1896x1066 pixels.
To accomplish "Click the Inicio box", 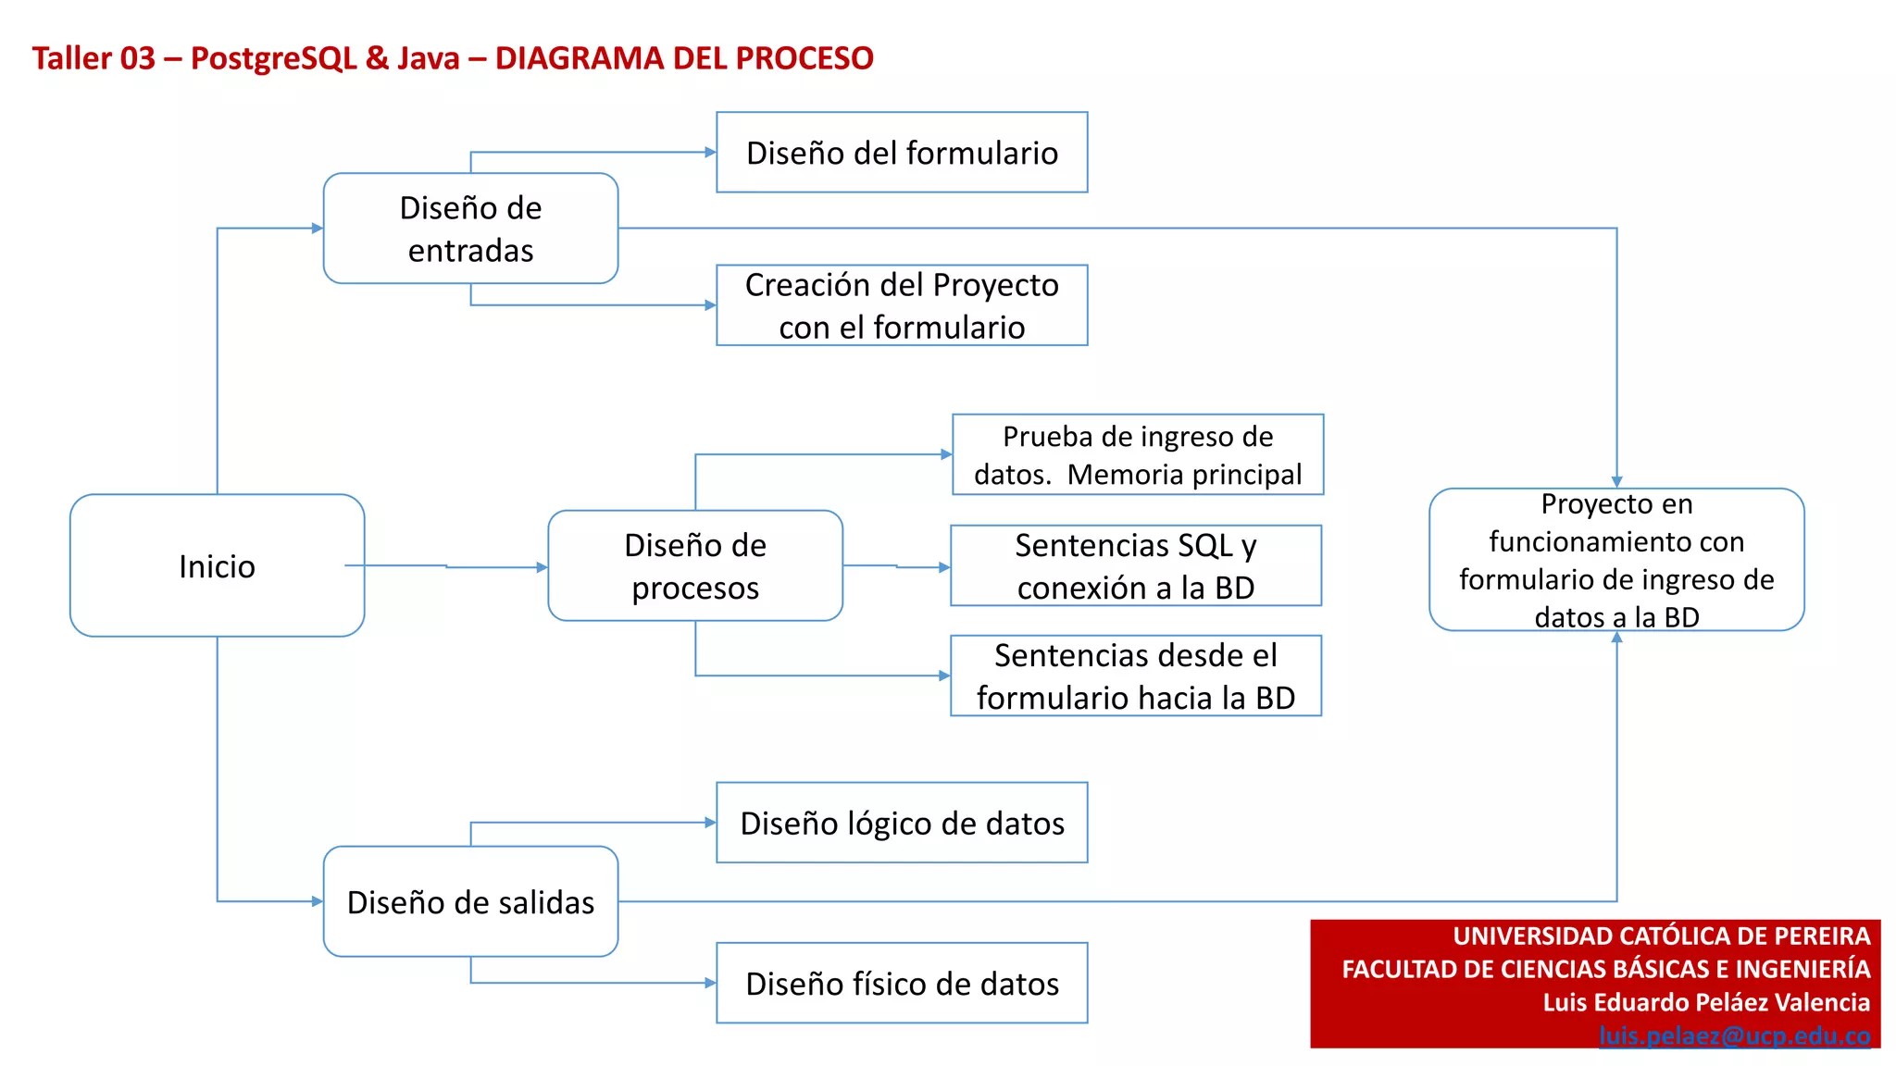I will [217, 565].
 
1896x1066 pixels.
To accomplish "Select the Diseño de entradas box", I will [470, 229].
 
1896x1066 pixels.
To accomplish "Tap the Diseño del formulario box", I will [902, 153].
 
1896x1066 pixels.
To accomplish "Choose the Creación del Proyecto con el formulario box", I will [902, 305].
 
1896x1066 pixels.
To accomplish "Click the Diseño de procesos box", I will [695, 565].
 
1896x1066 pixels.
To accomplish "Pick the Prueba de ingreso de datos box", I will [1138, 454].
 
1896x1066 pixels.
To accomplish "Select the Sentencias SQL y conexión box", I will [1136, 565].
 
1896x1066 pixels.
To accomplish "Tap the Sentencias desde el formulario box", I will [1136, 676].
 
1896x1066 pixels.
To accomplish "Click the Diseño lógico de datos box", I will [902, 823].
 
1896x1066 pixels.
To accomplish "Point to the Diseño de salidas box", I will [470, 901].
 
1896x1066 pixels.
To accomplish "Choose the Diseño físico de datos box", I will [902, 983].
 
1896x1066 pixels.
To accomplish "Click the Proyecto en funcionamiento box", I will [1616, 560].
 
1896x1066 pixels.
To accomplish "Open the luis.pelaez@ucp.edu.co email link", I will [1734, 1035].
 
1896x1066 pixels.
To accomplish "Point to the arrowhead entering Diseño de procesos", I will [543, 567].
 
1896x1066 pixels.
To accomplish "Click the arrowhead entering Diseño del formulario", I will [711, 152].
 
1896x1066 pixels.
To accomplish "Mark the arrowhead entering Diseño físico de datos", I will [711, 983].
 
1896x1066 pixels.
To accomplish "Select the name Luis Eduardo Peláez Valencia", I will [1705, 1002].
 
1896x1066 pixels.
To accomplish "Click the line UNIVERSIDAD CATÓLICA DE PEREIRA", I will [1661, 936].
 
